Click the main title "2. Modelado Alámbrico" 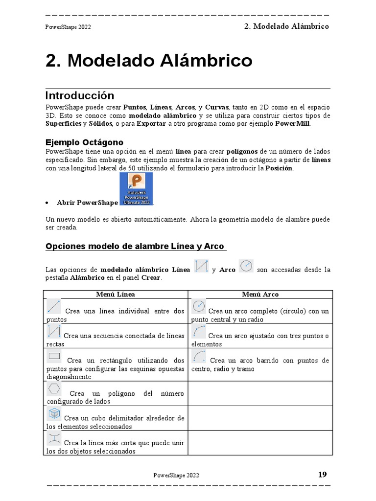[149, 61]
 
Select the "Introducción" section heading [80, 95]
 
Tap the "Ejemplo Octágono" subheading [84, 142]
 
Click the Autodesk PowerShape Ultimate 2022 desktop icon [136, 189]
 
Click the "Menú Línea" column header [116, 294]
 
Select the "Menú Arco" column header [260, 294]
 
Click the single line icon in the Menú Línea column [54, 307]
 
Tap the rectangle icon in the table [54, 356]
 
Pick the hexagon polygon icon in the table [54, 389]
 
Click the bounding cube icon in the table [54, 414]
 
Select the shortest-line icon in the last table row [54, 438]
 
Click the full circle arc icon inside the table [199, 307]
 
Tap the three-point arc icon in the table [199, 332]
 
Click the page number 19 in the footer [322, 474]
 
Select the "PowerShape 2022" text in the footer [176, 475]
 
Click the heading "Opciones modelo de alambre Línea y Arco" [136, 246]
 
